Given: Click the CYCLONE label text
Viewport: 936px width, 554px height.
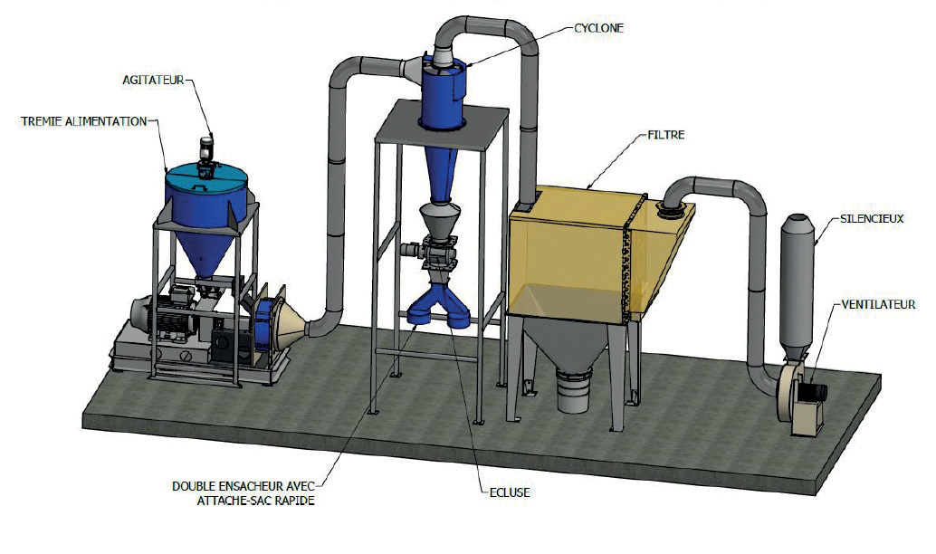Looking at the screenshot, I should click(598, 28).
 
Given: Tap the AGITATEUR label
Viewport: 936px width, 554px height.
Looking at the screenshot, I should click(153, 80).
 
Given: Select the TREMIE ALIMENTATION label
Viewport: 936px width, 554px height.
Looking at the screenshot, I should click(83, 120).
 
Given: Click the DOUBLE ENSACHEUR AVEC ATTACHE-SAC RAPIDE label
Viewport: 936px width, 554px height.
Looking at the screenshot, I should click(243, 492).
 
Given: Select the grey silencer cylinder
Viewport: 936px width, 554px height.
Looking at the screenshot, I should click(798, 281).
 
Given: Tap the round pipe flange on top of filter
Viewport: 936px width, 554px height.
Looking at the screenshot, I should click(671, 212).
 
